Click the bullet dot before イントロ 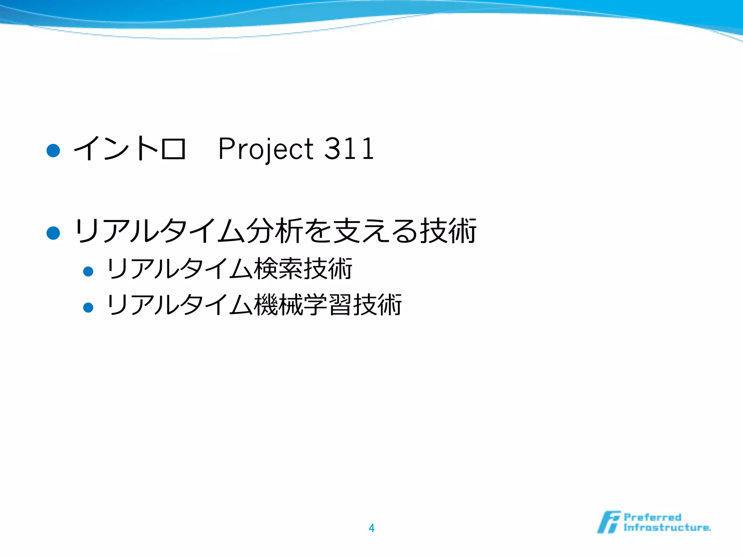coord(53,150)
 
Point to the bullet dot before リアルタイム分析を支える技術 coord(53,233)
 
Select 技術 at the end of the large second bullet coord(448,231)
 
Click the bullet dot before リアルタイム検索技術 coord(88,271)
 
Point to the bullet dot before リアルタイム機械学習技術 coord(88,308)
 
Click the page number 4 coord(371,528)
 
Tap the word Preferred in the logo coord(652,517)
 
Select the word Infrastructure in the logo coord(667,527)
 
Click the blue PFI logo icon coord(608,522)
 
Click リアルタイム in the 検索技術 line coord(179,269)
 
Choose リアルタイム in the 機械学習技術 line coord(179,305)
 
